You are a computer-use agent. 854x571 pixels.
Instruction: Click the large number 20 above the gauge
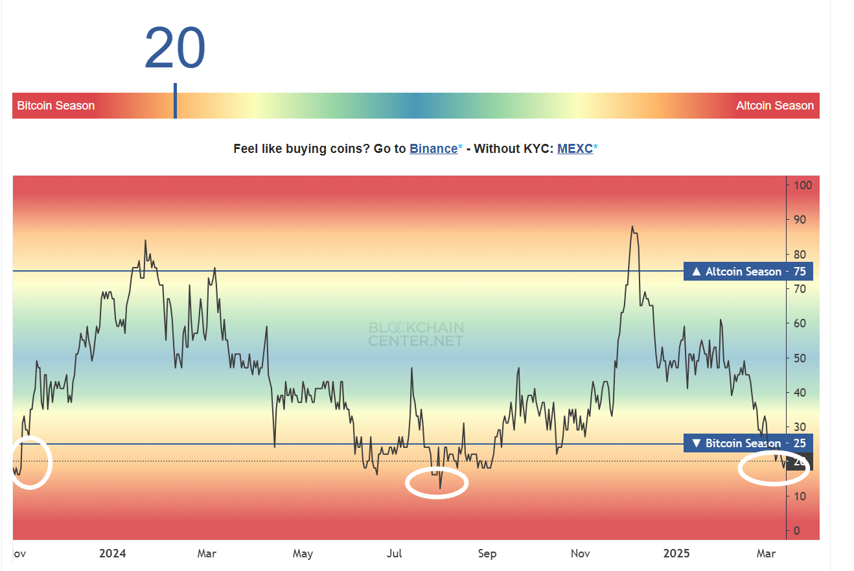pos(175,49)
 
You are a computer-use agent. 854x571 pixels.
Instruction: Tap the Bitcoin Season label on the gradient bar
pos(56,106)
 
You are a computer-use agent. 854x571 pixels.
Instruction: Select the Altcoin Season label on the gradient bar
pos(774,106)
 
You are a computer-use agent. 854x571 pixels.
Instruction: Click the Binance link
pos(433,148)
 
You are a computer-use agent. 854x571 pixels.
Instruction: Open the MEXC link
pos(575,148)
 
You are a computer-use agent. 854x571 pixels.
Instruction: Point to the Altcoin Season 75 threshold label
pos(748,272)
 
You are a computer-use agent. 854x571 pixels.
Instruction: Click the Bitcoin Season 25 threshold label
pos(748,443)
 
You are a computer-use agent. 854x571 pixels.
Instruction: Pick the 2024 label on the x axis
pos(113,554)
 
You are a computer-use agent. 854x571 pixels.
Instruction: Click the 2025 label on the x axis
pos(678,554)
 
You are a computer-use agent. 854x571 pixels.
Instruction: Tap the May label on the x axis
pos(303,554)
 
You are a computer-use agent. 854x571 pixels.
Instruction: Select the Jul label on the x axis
pos(394,554)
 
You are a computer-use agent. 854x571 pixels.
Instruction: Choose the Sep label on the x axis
pos(487,554)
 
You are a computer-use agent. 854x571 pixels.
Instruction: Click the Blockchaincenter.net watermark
pos(416,334)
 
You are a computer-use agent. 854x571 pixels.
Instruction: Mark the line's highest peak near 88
pos(632,227)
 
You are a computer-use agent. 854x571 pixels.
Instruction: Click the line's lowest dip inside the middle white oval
pos(440,488)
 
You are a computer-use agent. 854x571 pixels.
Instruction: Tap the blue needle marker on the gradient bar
pos(175,101)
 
